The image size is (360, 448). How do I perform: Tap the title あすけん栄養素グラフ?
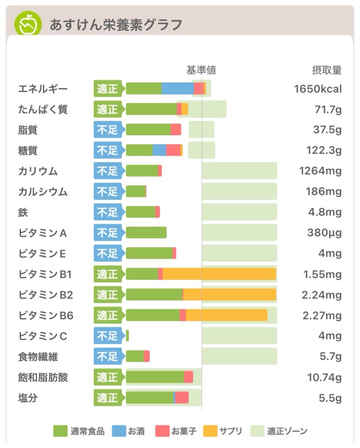click(x=115, y=24)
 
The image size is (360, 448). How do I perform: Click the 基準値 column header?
click(x=201, y=70)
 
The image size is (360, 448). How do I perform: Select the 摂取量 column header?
click(x=326, y=70)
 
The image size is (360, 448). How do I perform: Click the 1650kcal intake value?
click(x=318, y=89)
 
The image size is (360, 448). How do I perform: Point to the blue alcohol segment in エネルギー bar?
click(x=178, y=88)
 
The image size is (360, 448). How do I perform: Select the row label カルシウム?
click(x=43, y=192)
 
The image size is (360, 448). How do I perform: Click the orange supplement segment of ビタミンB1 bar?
click(x=219, y=274)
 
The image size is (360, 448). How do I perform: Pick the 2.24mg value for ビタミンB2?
click(x=322, y=295)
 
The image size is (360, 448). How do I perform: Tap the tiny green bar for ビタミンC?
click(x=127, y=336)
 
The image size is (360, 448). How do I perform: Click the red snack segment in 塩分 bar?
click(x=182, y=398)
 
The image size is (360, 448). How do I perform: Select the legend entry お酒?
click(x=136, y=431)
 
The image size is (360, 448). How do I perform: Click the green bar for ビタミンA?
click(x=146, y=233)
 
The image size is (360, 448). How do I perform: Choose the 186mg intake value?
click(x=325, y=192)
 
